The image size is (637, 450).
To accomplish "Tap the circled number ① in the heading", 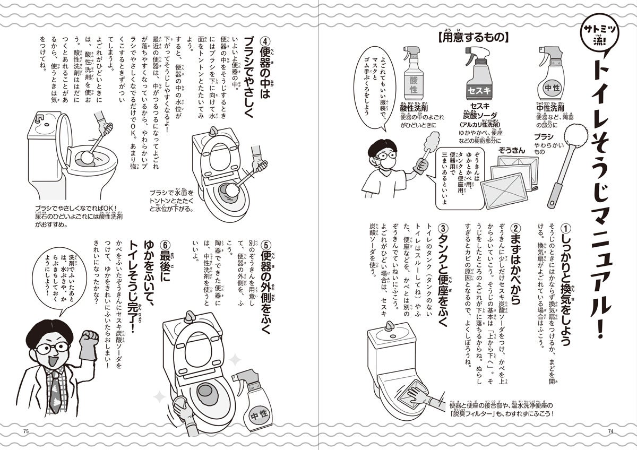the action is click(566, 228).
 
